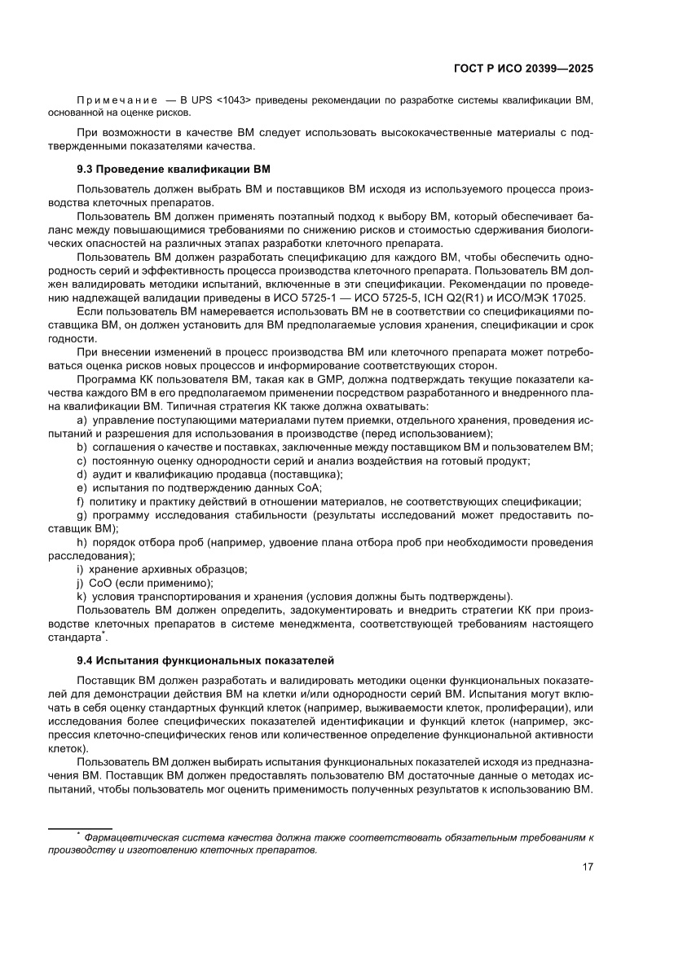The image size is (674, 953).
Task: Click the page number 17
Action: (x=587, y=867)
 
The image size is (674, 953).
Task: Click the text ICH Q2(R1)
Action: (x=474, y=299)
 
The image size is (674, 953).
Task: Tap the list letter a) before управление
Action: (x=82, y=420)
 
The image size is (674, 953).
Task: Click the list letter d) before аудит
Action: (x=82, y=474)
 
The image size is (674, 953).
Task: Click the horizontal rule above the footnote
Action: (x=81, y=828)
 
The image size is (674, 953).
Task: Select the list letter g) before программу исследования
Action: (x=82, y=515)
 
